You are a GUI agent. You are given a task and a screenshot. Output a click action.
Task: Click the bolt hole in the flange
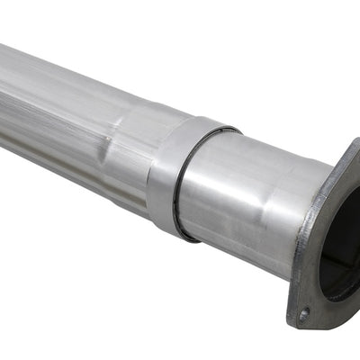(x=304, y=314)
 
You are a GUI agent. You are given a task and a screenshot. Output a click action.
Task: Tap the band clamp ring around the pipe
(x=166, y=175)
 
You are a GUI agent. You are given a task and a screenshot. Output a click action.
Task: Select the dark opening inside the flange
(x=342, y=243)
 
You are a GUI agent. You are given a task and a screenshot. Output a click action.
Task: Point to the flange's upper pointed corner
(x=353, y=144)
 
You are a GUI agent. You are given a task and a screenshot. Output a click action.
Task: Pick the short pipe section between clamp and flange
(x=243, y=202)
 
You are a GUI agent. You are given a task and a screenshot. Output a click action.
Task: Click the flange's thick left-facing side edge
(x=299, y=261)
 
